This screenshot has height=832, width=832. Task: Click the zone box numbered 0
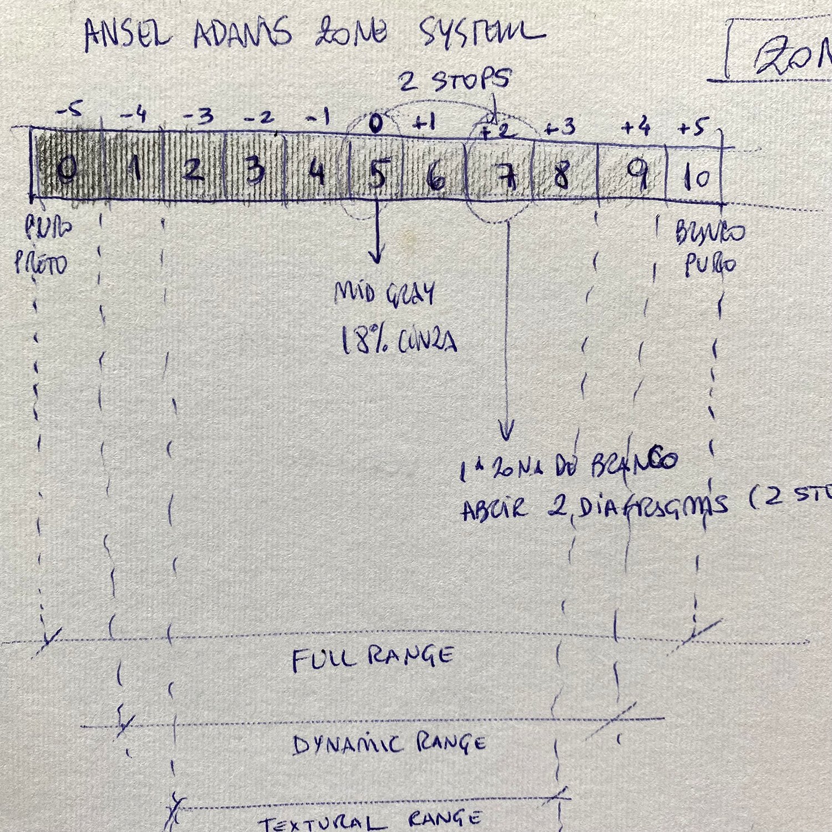tap(67, 169)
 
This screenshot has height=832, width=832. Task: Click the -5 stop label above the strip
tap(69, 111)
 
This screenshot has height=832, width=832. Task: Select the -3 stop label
tap(198, 116)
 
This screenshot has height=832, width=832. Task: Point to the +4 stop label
tap(636, 128)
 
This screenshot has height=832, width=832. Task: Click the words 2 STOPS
tap(454, 81)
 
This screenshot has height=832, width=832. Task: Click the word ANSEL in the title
tap(128, 34)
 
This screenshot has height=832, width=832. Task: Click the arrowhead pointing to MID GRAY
tap(377, 257)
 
